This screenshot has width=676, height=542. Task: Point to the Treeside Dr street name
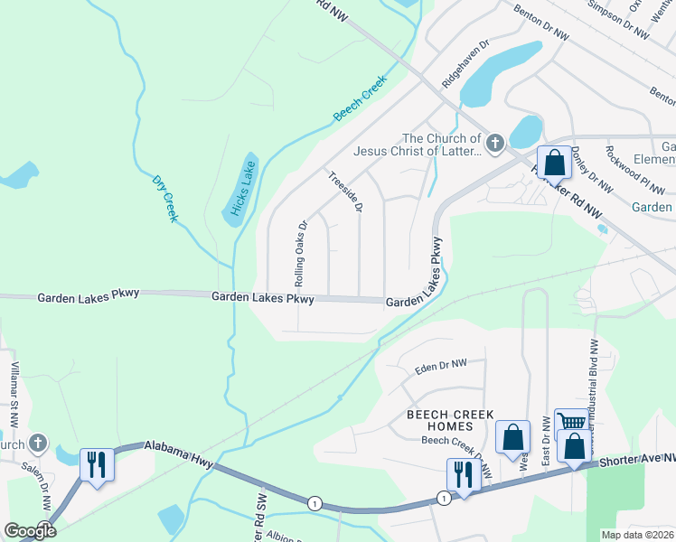[345, 192]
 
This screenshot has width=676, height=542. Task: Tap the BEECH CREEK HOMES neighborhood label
[450, 420]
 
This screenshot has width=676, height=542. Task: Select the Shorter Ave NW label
[636, 462]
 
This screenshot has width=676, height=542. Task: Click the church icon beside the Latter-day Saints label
[494, 143]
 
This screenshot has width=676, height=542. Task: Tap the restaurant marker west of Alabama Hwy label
[97, 464]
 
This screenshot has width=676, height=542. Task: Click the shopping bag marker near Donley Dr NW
[555, 163]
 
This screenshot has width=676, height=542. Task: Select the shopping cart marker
[571, 421]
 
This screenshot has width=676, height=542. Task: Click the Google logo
[30, 530]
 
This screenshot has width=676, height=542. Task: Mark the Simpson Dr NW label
[618, 20]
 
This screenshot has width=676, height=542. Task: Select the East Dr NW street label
[546, 441]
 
